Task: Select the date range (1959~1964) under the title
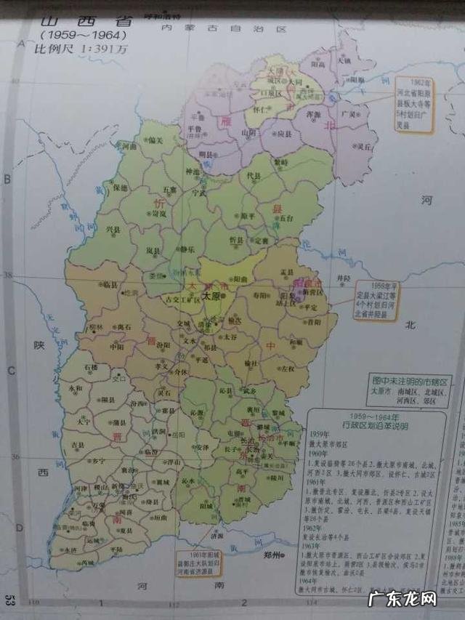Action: (x=83, y=34)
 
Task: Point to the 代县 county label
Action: (x=254, y=176)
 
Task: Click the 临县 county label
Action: (x=110, y=285)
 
